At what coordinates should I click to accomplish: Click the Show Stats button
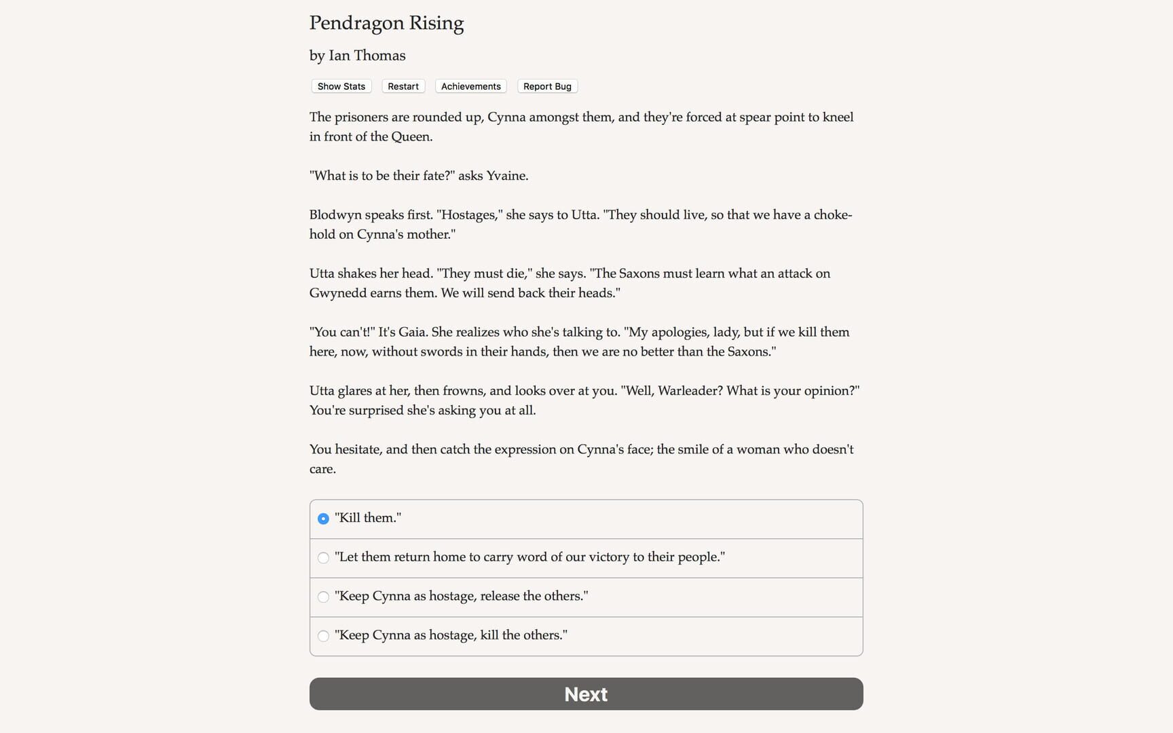click(341, 86)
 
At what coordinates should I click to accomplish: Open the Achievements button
click(470, 86)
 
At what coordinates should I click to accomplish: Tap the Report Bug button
click(547, 86)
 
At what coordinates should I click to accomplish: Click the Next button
click(586, 694)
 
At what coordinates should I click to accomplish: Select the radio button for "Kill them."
click(323, 519)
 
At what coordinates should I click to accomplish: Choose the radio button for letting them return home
click(323, 558)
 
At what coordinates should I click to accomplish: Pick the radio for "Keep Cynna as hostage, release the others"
click(323, 597)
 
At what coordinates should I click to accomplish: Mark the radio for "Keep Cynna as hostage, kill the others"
click(323, 636)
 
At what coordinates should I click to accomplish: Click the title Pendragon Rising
click(386, 23)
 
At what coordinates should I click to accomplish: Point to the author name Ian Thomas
click(367, 56)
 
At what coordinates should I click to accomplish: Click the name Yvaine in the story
click(506, 176)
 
